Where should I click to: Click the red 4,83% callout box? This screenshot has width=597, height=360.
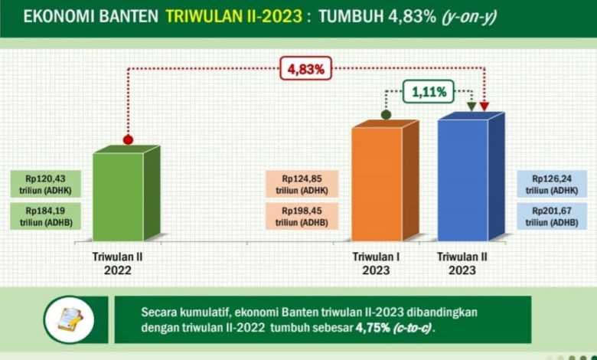[x=306, y=69]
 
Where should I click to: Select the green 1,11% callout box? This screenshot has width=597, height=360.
[x=429, y=92]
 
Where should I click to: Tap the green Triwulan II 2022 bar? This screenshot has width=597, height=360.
[x=126, y=193]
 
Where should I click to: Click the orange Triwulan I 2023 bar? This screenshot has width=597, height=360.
[x=385, y=181]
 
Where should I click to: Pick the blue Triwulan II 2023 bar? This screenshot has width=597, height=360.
[x=471, y=176]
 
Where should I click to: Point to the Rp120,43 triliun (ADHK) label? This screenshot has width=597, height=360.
[x=46, y=184]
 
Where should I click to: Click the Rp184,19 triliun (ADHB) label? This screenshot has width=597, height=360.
[x=46, y=216]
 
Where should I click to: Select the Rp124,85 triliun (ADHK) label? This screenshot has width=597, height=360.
[x=302, y=184]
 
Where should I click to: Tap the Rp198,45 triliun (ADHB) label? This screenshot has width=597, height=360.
[x=302, y=216]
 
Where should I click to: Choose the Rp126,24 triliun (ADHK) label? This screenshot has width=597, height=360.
[x=552, y=184]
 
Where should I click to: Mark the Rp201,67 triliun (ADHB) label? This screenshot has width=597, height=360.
[x=552, y=216]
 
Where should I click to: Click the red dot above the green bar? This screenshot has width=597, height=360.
[x=128, y=140]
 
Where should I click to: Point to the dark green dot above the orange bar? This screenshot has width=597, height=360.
[x=386, y=115]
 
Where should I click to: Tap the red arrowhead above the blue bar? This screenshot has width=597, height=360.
[x=484, y=106]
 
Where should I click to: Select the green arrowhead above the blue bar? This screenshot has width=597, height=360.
[x=471, y=106]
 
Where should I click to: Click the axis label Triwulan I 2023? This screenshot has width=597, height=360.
[x=376, y=263]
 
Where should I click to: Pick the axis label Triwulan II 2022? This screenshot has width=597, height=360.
[x=118, y=263]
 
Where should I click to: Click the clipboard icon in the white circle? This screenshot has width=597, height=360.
[x=70, y=319]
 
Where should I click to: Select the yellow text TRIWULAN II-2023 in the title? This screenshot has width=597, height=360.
[x=234, y=16]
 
